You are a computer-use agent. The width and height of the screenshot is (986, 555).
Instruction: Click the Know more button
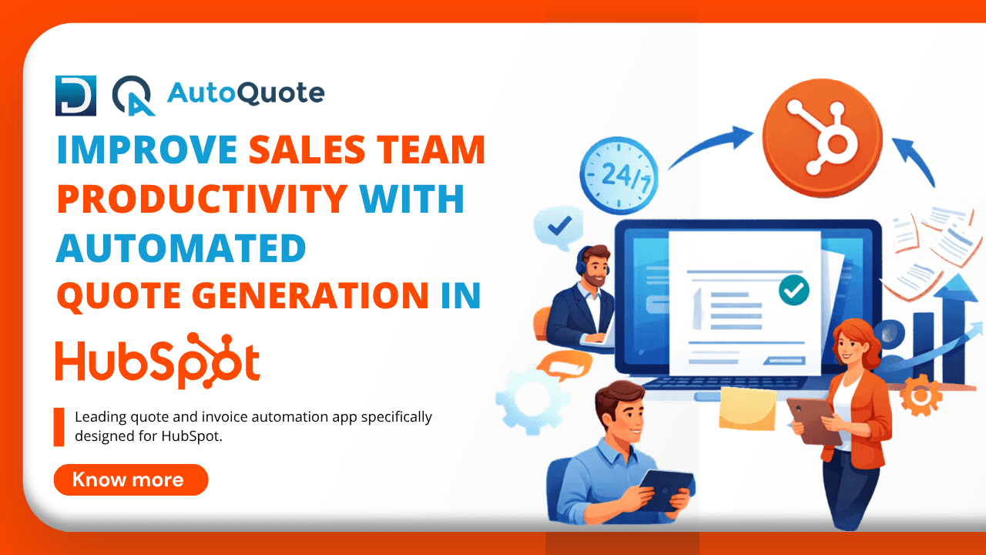(x=131, y=479)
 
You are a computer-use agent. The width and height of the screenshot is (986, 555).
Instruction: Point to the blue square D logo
(x=76, y=96)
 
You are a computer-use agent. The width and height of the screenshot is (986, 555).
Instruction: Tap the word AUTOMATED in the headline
(x=181, y=247)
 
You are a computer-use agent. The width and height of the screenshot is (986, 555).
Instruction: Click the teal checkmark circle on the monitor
(x=793, y=290)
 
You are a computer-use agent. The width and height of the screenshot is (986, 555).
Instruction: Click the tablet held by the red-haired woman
(x=815, y=419)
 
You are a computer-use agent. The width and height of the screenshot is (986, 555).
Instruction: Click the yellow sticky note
(x=746, y=409)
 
